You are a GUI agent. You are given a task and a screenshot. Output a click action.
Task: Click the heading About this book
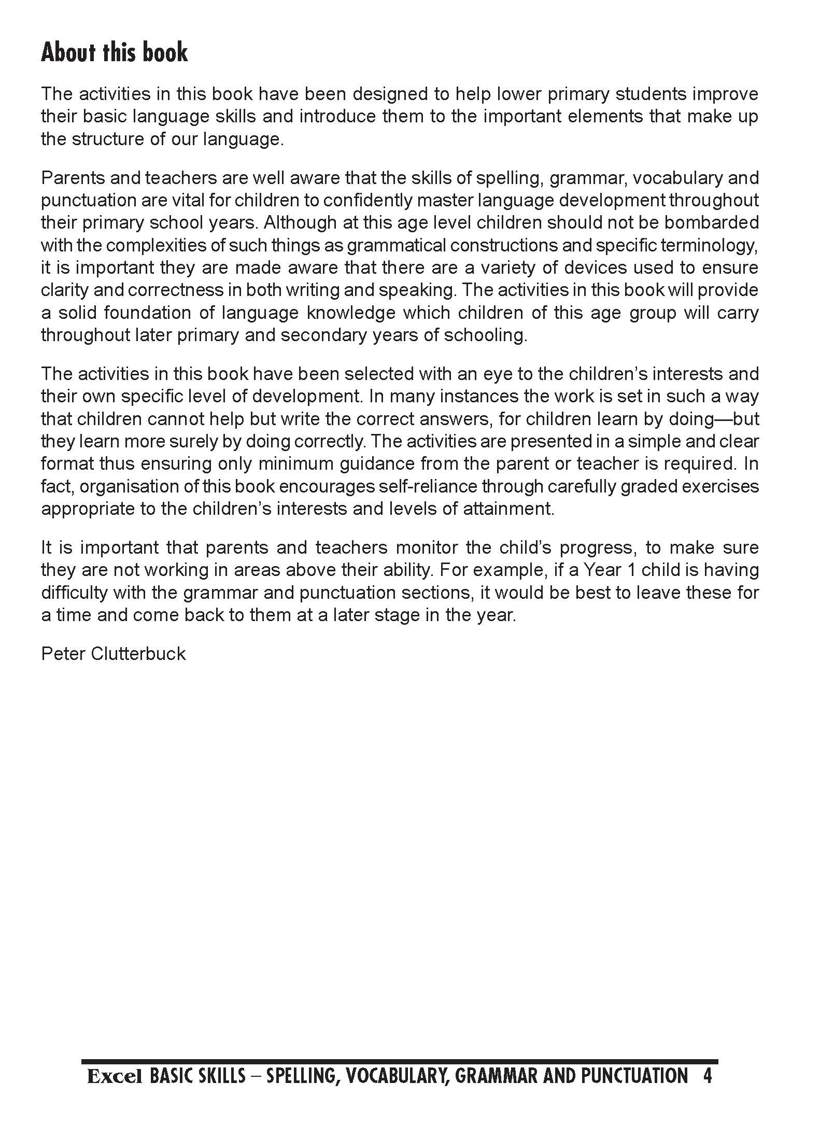tap(114, 53)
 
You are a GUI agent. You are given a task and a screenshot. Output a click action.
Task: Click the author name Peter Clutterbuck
tap(113, 653)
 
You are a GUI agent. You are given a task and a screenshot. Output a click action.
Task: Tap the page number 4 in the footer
tap(708, 1076)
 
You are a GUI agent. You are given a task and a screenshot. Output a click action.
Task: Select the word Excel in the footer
tap(115, 1077)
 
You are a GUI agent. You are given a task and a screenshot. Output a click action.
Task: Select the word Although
tap(300, 222)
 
